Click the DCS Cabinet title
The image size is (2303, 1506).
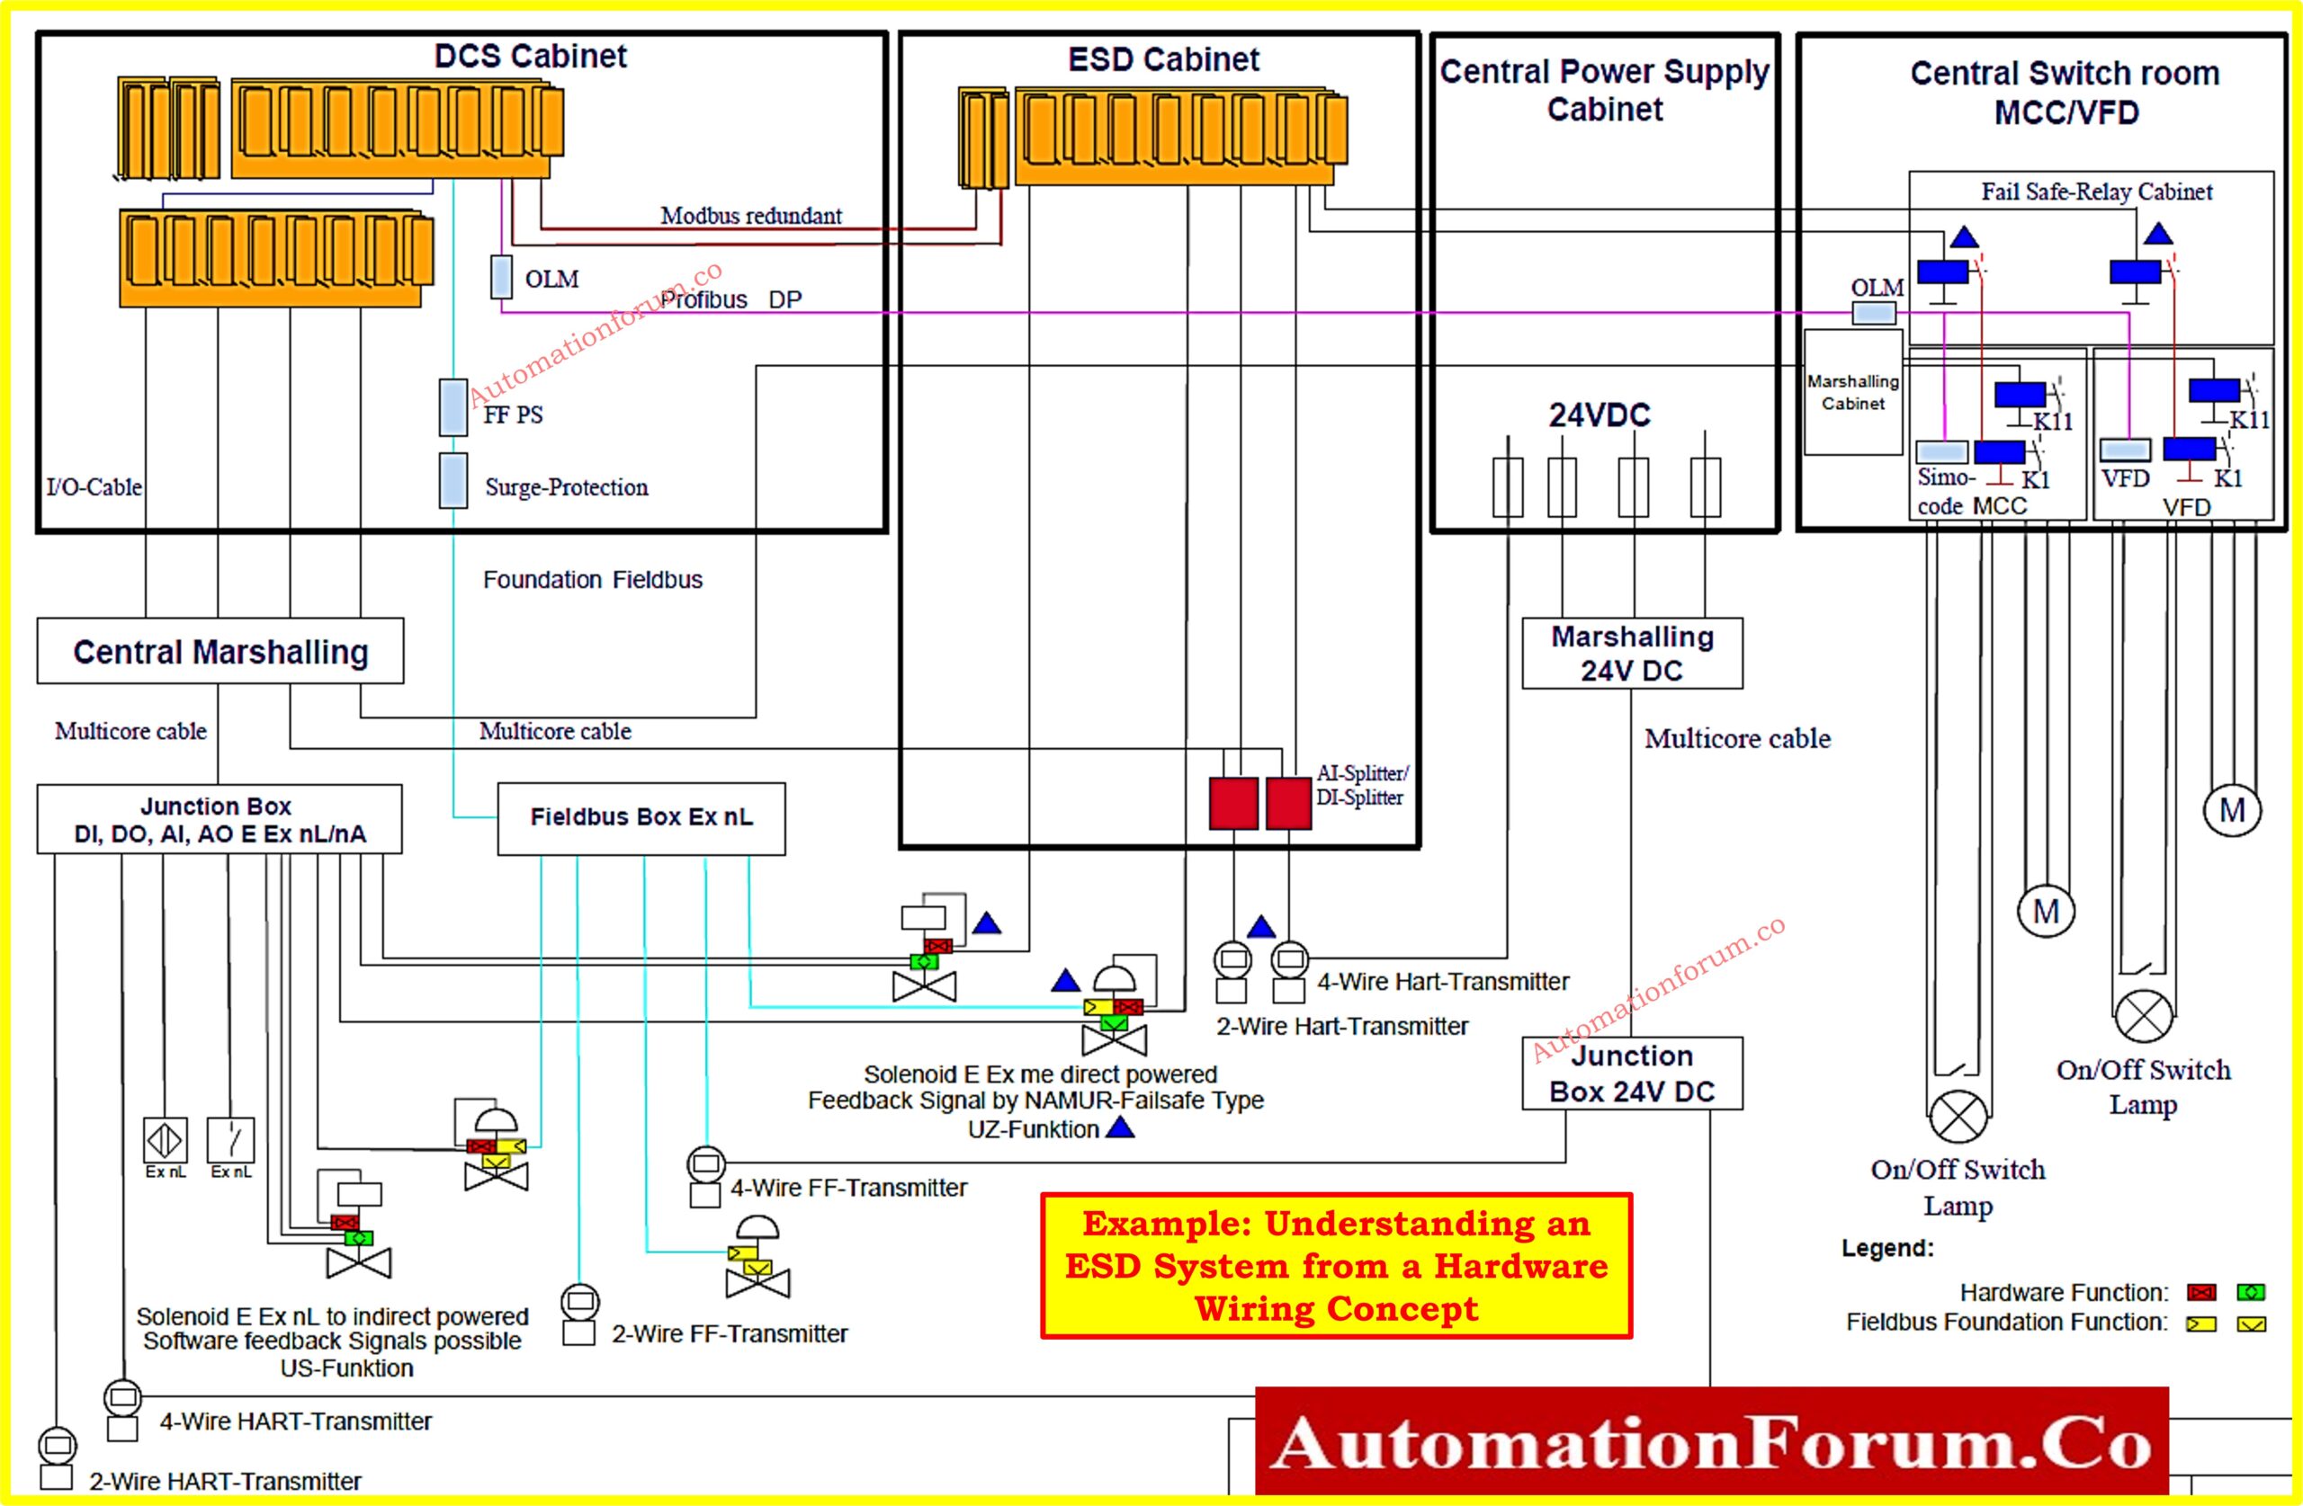click(x=530, y=56)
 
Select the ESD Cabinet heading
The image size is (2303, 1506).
click(x=1163, y=60)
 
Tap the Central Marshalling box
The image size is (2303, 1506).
click(x=220, y=652)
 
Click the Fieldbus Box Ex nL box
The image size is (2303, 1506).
click(x=641, y=818)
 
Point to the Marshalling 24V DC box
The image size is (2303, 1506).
click(x=1633, y=654)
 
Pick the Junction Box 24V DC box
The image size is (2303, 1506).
click(x=1633, y=1074)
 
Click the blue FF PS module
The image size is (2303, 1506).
click(x=453, y=407)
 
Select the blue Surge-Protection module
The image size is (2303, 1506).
click(x=453, y=481)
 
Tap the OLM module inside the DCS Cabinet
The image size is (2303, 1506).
click(x=501, y=277)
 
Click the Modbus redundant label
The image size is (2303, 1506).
click(x=751, y=216)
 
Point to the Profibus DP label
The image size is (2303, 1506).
click(x=731, y=299)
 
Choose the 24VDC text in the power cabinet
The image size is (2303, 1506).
click(x=1600, y=415)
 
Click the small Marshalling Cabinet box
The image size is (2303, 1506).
click(x=1853, y=393)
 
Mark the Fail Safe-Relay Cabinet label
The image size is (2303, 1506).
click(x=2096, y=192)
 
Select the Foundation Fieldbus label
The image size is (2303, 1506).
click(x=592, y=579)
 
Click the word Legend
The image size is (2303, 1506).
click(x=1886, y=1248)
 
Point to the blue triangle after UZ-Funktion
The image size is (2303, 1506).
click(x=1120, y=1127)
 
